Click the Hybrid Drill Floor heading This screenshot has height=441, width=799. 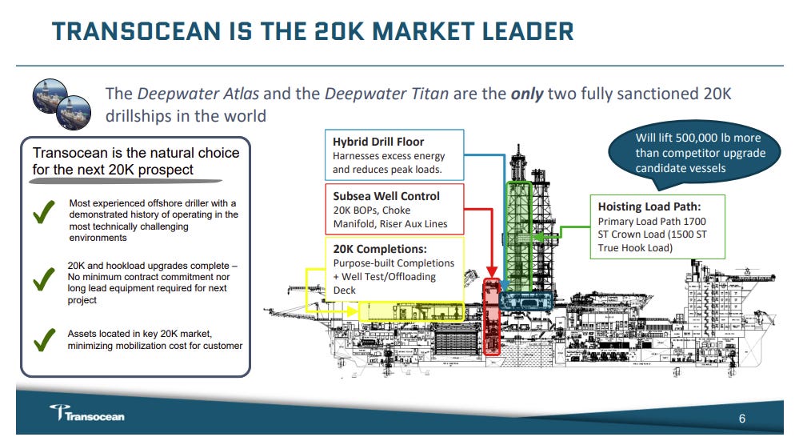(x=378, y=142)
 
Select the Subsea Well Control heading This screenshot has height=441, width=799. (x=386, y=195)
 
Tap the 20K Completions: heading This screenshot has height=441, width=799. (x=380, y=249)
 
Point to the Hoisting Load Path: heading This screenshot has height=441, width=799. (x=649, y=206)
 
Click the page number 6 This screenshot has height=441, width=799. (x=741, y=418)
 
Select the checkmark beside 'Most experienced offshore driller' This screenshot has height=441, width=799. (x=43, y=215)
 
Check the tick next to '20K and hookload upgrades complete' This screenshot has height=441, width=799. (x=43, y=281)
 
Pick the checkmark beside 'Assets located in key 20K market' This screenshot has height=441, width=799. (x=43, y=339)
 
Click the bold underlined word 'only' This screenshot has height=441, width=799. (x=527, y=94)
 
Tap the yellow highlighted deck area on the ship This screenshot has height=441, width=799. (x=412, y=311)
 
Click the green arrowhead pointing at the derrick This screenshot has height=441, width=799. (x=542, y=237)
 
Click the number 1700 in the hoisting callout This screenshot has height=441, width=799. (x=693, y=221)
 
